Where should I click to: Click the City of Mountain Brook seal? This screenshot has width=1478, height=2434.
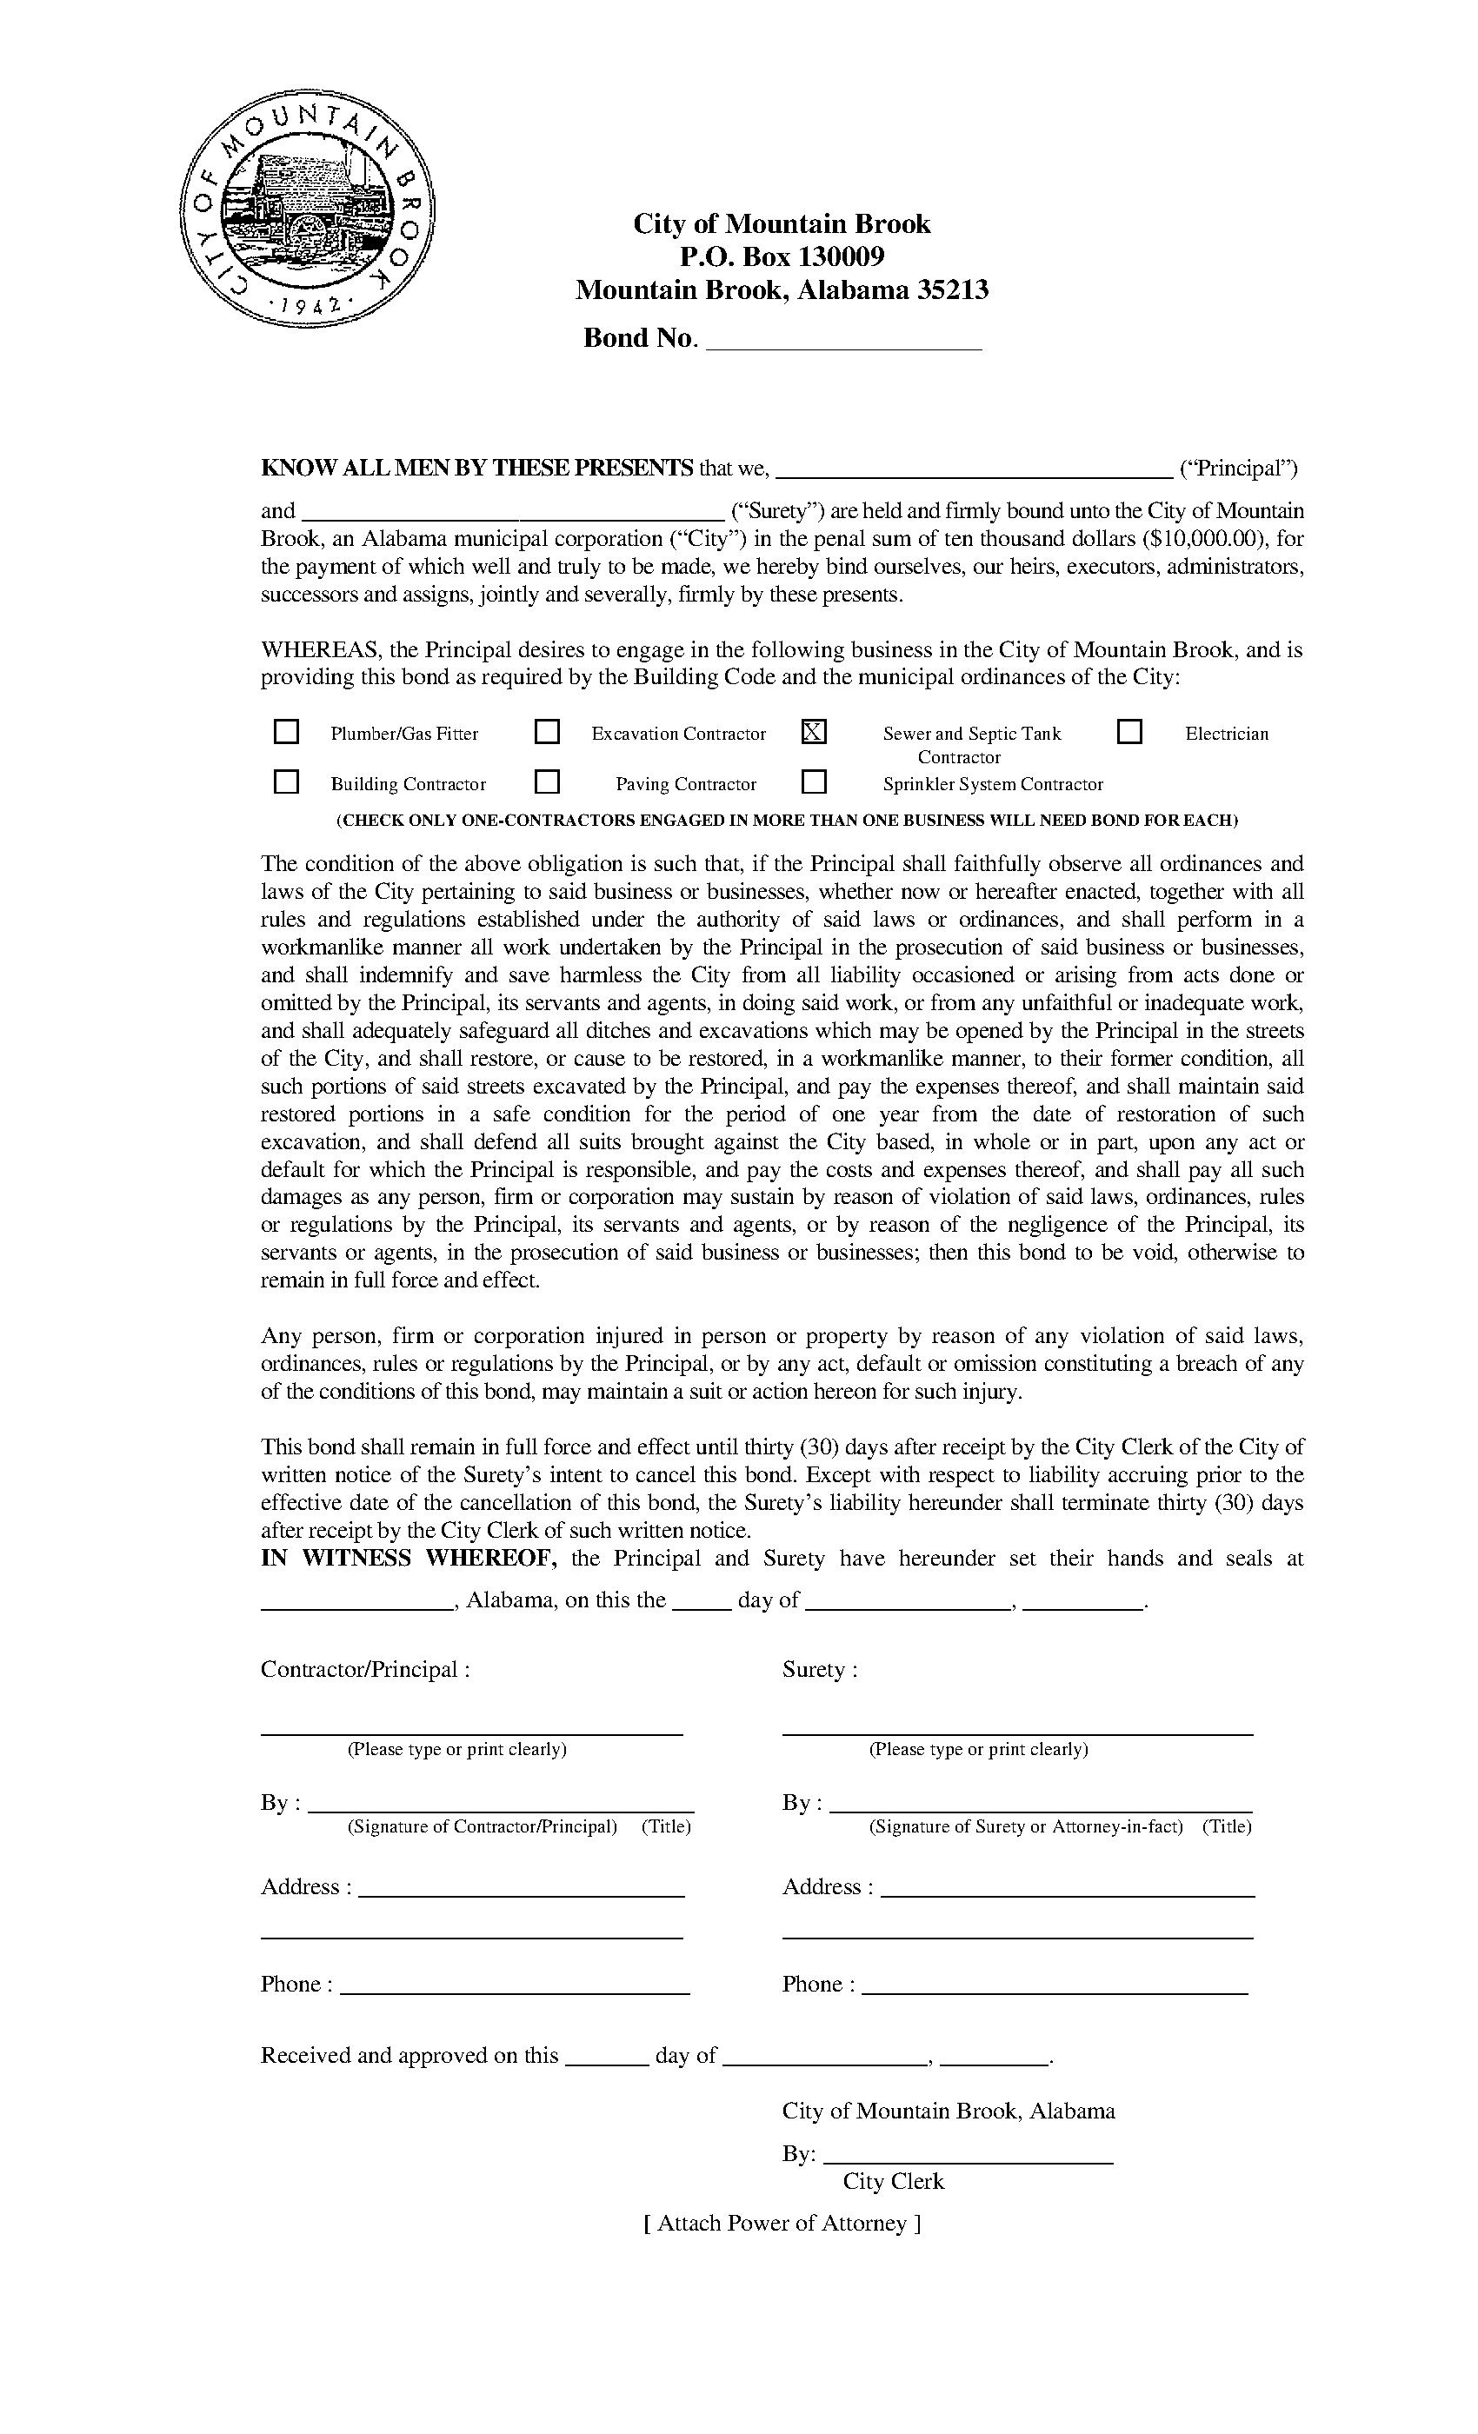[x=307, y=209]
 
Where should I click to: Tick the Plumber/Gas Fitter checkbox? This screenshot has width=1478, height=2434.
[x=287, y=732]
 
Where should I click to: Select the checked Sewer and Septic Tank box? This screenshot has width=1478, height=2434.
[x=814, y=732]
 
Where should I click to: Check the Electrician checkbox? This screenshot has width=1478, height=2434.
[x=1129, y=732]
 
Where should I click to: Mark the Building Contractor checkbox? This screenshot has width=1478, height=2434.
[x=287, y=782]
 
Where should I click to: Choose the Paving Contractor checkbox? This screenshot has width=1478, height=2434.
[x=548, y=782]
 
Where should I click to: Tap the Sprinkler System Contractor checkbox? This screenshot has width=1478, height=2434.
[x=814, y=782]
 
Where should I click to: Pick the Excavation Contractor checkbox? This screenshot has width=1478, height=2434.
[x=548, y=732]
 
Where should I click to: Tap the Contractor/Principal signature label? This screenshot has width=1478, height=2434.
[x=481, y=1826]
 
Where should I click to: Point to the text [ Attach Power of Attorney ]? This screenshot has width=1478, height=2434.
[x=782, y=2224]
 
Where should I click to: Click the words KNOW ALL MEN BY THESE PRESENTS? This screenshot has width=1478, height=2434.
[x=476, y=469]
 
